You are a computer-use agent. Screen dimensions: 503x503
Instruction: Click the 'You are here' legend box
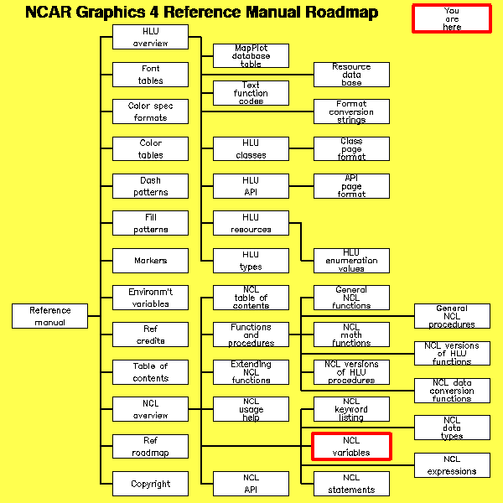(x=451, y=18)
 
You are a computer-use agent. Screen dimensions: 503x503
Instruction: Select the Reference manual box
(x=50, y=316)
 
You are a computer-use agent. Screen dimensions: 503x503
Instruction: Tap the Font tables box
(x=150, y=75)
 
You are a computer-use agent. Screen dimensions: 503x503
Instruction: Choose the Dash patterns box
(x=150, y=186)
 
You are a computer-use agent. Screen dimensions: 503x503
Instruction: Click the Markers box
(x=150, y=261)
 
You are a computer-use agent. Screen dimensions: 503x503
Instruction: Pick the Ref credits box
(x=150, y=335)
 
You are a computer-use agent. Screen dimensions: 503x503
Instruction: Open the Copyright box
(x=150, y=484)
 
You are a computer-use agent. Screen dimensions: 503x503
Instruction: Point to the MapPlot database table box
(x=251, y=56)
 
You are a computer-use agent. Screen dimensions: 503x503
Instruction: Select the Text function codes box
(x=251, y=93)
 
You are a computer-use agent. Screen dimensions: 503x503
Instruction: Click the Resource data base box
(x=351, y=75)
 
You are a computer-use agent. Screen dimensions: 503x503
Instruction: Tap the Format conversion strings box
(x=351, y=111)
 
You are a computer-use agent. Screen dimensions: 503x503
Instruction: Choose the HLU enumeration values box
(x=351, y=261)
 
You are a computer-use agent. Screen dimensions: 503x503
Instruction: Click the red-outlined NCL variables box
(x=351, y=447)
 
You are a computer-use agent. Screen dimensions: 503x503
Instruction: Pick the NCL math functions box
(x=351, y=335)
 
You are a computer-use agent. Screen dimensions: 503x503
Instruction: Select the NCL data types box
(x=452, y=428)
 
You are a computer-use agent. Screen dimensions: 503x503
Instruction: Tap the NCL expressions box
(x=452, y=465)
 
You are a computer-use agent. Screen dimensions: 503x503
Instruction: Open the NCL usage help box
(x=251, y=409)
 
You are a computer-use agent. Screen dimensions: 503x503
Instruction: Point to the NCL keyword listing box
(x=351, y=409)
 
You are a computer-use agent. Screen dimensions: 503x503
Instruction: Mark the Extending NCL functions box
(x=251, y=372)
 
